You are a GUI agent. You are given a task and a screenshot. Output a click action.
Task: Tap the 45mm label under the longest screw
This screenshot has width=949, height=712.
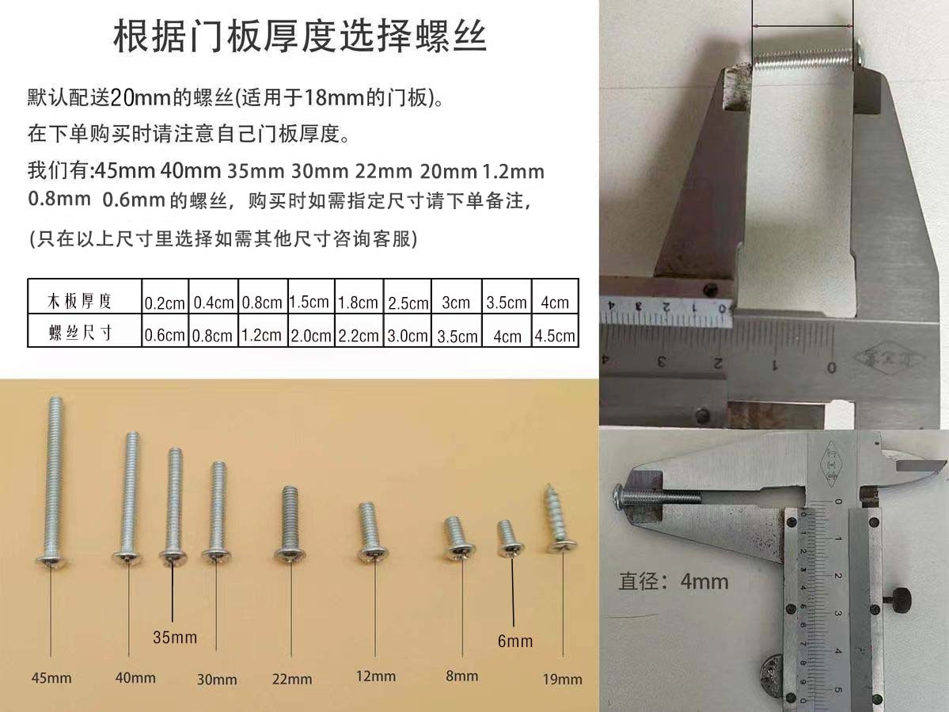(51, 678)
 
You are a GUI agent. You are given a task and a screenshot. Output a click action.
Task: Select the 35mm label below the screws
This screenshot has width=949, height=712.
(175, 637)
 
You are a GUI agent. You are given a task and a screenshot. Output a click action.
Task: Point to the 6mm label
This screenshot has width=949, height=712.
(515, 641)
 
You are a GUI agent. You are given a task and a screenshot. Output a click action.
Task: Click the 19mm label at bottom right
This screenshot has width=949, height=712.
(562, 679)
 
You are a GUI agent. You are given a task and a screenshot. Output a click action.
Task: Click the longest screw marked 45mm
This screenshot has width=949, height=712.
(53, 483)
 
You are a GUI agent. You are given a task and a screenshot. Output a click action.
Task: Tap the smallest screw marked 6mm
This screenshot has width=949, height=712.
(507, 539)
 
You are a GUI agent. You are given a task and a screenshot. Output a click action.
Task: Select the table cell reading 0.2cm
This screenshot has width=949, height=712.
(165, 303)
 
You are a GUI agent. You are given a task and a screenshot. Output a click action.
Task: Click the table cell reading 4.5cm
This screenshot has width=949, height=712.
(555, 335)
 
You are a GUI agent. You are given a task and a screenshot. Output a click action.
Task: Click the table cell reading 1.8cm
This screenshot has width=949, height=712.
(358, 303)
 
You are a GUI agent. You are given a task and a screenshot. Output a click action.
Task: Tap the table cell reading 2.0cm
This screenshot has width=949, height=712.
(310, 335)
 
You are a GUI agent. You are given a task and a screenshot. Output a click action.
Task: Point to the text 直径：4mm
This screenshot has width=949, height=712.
(673, 582)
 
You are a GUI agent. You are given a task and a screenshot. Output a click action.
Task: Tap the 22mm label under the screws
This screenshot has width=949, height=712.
(292, 679)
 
